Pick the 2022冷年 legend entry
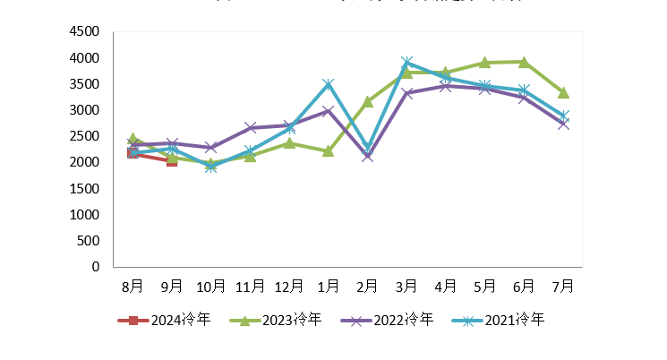[387, 320]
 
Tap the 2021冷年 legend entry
[497, 320]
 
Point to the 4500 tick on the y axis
[84, 31]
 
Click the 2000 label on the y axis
[84, 162]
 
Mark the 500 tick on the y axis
[88, 241]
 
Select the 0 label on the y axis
[95, 267]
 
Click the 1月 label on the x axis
[329, 286]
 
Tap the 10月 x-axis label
[211, 286]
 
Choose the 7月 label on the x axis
[563, 286]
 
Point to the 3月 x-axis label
[406, 286]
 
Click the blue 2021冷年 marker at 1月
[329, 84]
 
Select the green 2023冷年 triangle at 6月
[524, 62]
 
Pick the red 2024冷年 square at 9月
[172, 161]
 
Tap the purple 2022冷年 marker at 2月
[367, 156]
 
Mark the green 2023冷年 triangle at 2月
[367, 101]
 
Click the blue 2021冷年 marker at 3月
[406, 63]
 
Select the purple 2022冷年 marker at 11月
[250, 127]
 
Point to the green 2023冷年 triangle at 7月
[563, 92]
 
